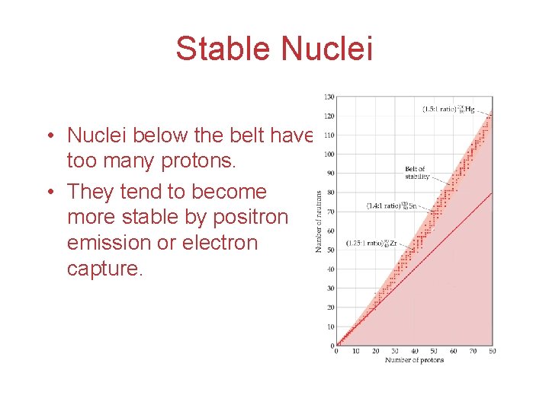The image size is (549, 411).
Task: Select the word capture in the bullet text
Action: pos(104,269)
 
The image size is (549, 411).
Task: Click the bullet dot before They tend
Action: pos(48,193)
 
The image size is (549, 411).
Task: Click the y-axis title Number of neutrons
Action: pos(319,221)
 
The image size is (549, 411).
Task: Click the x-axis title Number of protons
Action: pos(413,360)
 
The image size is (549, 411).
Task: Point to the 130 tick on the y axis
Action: pos(329,97)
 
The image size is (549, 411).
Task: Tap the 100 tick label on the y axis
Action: pos(329,154)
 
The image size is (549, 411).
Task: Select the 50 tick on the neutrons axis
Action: pos(330,250)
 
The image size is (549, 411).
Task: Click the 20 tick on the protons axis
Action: pos(375,352)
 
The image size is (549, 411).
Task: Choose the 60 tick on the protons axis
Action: pos(454,352)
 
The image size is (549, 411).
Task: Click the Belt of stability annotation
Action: pos(416,173)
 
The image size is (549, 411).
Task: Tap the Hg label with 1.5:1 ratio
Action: pos(450,110)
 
